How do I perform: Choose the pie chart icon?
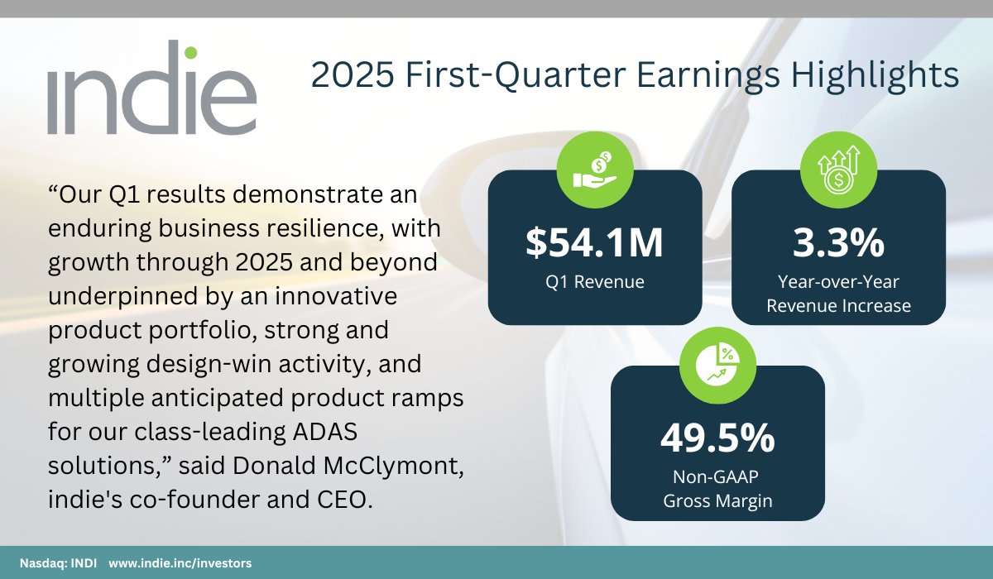point(717,364)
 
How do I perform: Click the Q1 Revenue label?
point(594,282)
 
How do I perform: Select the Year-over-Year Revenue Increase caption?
point(838,294)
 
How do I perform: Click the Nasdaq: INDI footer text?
point(52,562)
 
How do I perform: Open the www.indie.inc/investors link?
point(180,562)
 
